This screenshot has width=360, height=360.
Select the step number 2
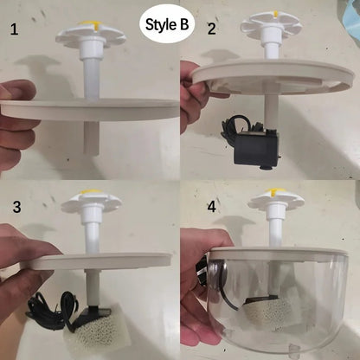click(x=211, y=29)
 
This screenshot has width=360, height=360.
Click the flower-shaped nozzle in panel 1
click(x=90, y=33)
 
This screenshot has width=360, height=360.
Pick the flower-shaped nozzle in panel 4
click(x=275, y=202)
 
